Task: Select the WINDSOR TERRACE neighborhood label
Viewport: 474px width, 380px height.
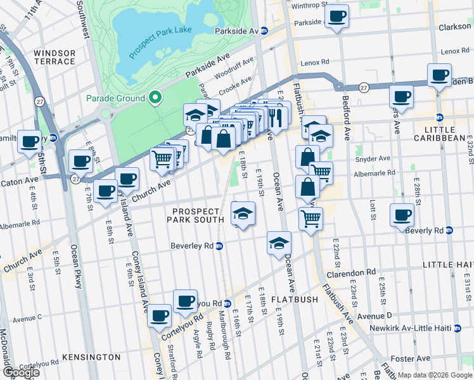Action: coord(54,57)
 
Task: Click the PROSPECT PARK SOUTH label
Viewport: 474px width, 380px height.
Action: coord(195,215)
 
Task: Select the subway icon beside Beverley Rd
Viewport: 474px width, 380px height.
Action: coord(219,246)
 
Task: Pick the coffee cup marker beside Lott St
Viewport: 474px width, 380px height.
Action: coord(401,215)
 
